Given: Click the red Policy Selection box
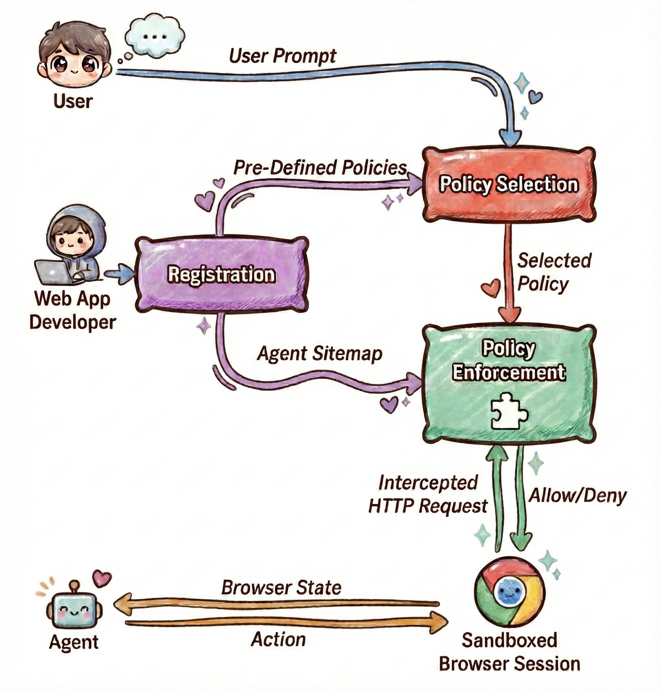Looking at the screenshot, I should [509, 184].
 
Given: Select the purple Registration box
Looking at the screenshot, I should [221, 275].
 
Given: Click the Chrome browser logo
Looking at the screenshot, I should [510, 591].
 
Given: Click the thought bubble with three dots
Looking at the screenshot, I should [150, 36].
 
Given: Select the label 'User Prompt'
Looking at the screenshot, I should [283, 56].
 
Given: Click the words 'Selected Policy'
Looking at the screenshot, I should [553, 272].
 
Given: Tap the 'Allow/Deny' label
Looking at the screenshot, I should [577, 496].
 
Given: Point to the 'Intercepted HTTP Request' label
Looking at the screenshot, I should [428, 494].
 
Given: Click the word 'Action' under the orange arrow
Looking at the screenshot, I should [278, 640].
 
